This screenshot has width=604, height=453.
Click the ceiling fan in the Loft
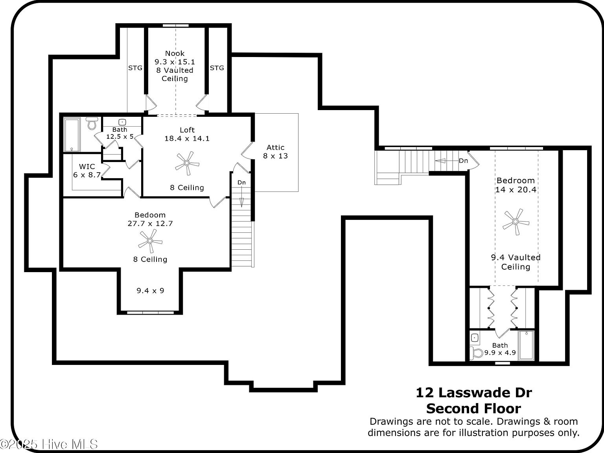[x=187, y=163]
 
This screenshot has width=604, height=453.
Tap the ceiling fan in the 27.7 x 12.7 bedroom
[x=150, y=241]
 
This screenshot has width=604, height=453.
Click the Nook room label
[x=175, y=53]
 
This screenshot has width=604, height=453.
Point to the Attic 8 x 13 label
[x=275, y=152]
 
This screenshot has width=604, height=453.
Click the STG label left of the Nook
[x=135, y=68]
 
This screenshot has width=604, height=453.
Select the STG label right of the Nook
[x=217, y=68]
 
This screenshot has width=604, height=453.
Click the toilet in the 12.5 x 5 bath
[x=92, y=123]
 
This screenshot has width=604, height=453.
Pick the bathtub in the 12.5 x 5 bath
[x=72, y=135]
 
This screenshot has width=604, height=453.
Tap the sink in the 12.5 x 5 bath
[x=122, y=122]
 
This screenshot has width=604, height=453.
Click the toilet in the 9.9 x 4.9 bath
[x=477, y=353]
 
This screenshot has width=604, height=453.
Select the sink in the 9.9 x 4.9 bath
[x=475, y=338]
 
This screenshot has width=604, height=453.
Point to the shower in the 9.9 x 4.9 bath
[x=526, y=345]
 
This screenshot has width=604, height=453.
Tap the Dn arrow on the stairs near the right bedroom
[x=444, y=161]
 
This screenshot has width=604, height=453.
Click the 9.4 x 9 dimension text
[x=150, y=291]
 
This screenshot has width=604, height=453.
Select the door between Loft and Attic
[x=247, y=151]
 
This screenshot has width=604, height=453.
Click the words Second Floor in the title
[x=473, y=409]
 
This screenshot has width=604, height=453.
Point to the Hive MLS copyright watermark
[x=49, y=444]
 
